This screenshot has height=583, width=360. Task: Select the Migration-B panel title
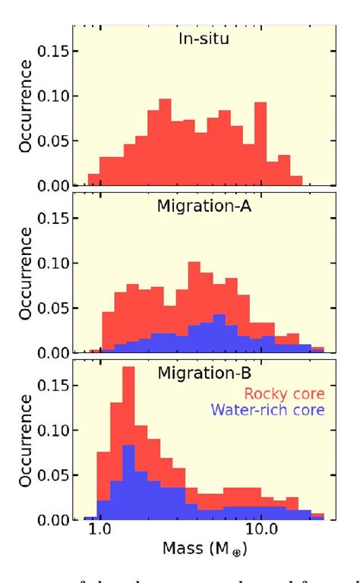pos(201,373)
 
